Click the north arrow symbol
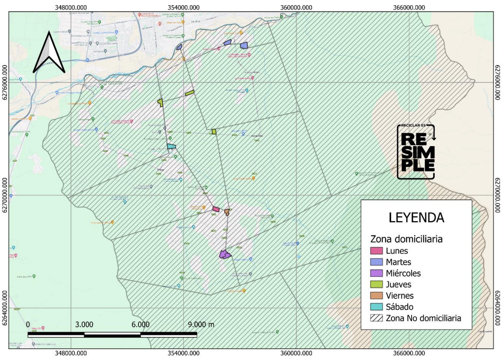[49, 53]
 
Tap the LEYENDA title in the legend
[416, 218]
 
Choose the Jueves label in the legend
[399, 285]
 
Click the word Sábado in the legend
[399, 307]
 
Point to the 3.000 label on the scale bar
[84, 324]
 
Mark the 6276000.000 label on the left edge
[5, 83]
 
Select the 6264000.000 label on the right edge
[498, 308]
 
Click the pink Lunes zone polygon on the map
[216, 209]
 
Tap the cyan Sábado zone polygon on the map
[172, 146]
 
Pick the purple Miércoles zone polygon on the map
[225, 255]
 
